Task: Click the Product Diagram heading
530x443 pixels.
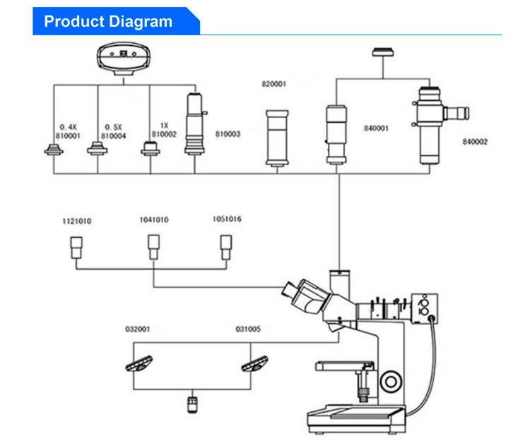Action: pos(108,21)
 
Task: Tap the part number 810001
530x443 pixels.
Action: pos(68,135)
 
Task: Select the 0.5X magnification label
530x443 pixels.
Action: pos(113,127)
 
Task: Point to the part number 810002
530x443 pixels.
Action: pos(164,134)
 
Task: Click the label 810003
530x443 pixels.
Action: pos(228,134)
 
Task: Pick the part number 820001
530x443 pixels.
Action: pos(273,84)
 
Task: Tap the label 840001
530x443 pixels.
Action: pos(376,128)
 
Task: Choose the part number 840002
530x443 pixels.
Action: pos(475,142)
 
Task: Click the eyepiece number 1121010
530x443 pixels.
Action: pos(77,221)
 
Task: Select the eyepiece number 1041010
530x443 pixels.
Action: pos(154,219)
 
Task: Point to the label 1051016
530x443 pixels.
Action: pos(227,219)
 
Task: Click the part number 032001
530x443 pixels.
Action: pos(138,329)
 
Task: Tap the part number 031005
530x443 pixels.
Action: pos(248,329)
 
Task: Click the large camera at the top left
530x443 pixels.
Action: pos(124,58)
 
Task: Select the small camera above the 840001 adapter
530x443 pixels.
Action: pos(383,52)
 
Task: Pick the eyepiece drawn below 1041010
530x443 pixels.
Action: pos(154,247)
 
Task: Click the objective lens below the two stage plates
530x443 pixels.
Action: pos(192,404)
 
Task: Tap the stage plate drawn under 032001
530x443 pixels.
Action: pos(139,363)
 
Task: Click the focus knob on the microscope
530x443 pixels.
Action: pos(391,382)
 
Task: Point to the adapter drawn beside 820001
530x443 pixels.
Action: pos(277,138)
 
